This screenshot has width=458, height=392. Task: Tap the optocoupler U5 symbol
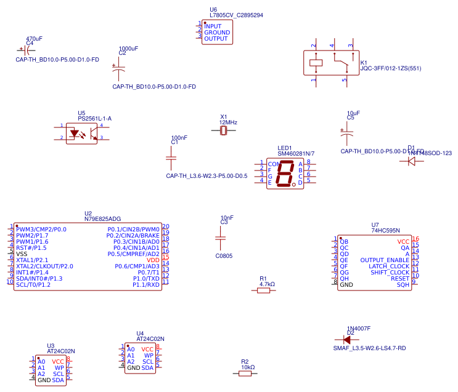[81, 132]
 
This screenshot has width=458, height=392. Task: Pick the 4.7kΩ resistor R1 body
[263, 290]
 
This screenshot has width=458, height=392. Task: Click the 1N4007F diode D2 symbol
[346, 339]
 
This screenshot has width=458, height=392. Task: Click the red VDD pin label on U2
[153, 260]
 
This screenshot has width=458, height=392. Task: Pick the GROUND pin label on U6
[216, 33]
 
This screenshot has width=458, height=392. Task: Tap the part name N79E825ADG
[103, 218]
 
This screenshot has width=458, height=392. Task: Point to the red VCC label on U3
[58, 361]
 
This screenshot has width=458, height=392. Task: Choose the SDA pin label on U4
[147, 367]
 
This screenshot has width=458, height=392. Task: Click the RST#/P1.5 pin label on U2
[31, 247]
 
